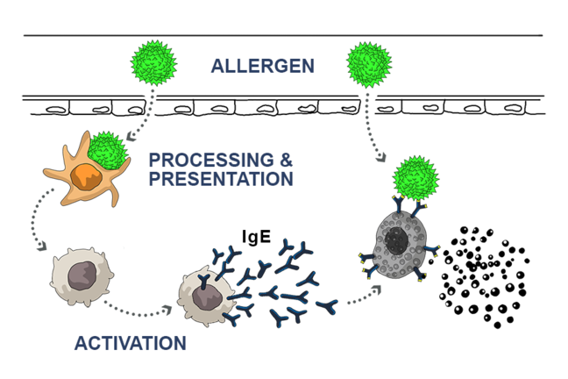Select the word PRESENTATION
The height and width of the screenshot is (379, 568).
[x=221, y=179]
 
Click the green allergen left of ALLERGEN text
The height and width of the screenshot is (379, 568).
[x=153, y=63]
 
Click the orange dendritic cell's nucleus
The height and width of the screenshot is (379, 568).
[x=87, y=175]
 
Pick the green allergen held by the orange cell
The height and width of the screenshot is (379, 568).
[x=108, y=151]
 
